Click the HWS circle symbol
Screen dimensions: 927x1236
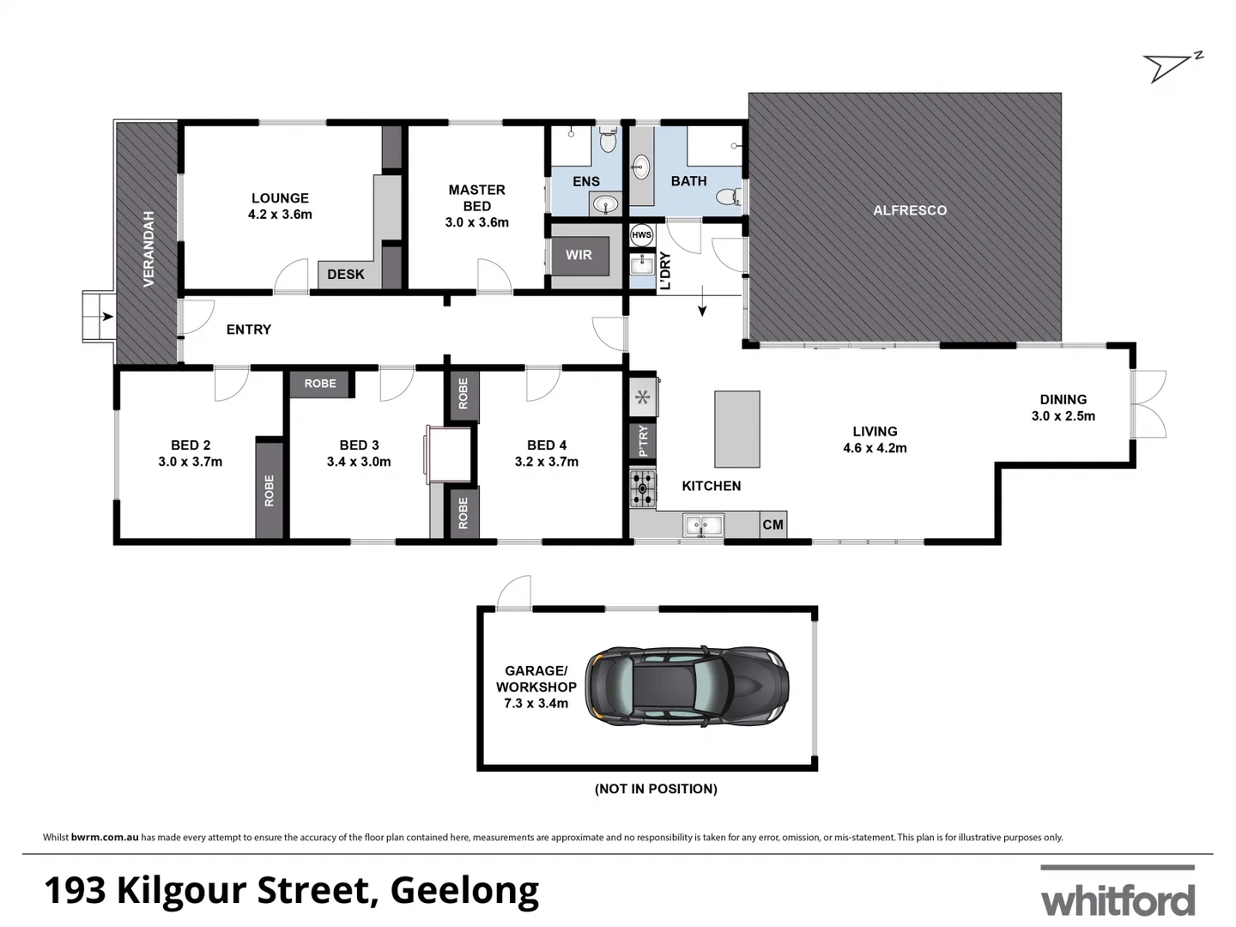[x=641, y=234]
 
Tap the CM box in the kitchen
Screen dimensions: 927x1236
[x=772, y=524]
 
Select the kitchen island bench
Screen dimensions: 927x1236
[x=736, y=429]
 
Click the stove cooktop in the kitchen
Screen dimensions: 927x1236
[x=642, y=489]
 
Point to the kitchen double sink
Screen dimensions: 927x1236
[x=703, y=524]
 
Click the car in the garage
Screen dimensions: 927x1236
[x=687, y=687]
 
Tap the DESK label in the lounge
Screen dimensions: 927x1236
[x=346, y=275]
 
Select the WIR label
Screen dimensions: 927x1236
[x=579, y=255]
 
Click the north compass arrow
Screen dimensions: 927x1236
[x=1171, y=66]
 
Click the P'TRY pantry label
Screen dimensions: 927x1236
[x=643, y=441]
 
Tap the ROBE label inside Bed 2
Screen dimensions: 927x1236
[x=269, y=490]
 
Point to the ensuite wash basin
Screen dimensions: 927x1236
[x=606, y=204]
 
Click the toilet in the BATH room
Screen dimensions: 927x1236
[x=728, y=197]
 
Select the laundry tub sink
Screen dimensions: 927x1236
[x=642, y=264]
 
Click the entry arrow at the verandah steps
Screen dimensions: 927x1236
[x=106, y=317]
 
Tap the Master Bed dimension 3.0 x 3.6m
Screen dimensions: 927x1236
[x=476, y=222]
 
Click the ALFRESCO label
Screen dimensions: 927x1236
[x=910, y=210]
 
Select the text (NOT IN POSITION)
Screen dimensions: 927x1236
[x=656, y=789]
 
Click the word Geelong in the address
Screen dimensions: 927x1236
[x=464, y=891]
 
